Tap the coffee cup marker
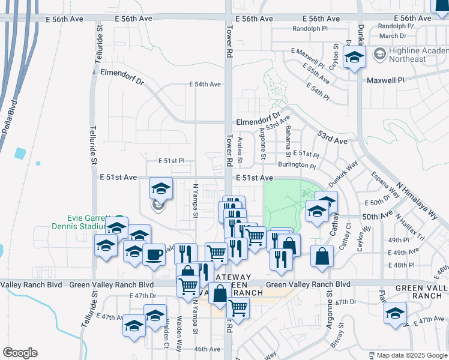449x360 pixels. point(154,254)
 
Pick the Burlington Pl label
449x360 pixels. point(297,165)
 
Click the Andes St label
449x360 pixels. point(240,150)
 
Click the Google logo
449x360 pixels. point(20,353)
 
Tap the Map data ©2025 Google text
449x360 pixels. point(411,355)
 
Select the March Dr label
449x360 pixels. point(393,36)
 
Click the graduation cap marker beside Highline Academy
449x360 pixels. point(355,58)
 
